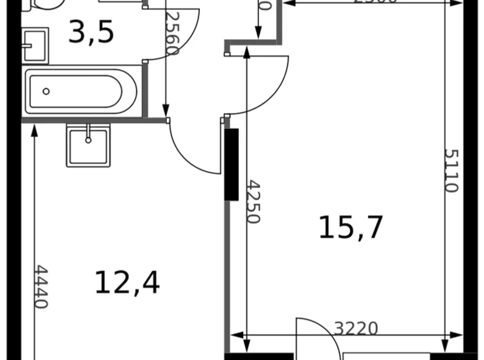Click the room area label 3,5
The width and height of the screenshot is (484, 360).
coord(91,32)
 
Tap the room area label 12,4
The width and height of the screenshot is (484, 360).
coord(127,283)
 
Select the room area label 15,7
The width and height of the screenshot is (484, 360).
coord(351,227)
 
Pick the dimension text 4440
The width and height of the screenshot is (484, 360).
coord(40,287)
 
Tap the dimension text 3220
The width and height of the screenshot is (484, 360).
coord(356,328)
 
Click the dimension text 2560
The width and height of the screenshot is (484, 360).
coord(172,34)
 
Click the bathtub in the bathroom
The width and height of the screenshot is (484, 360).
coord(81,92)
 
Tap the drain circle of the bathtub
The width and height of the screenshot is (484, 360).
coord(47,92)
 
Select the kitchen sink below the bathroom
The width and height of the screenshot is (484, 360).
coord(88,145)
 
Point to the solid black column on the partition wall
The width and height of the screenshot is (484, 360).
coord(231,164)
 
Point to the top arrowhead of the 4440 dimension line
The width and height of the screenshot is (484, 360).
coord(33,128)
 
